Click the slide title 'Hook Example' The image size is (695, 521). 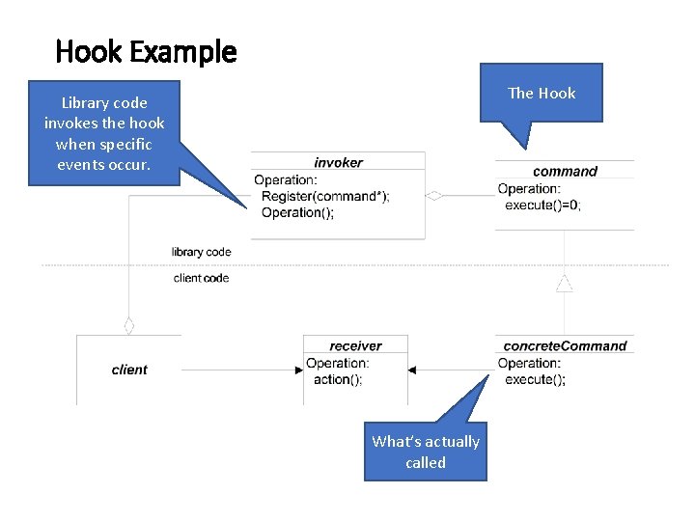[146, 50]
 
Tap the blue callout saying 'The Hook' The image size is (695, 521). [542, 93]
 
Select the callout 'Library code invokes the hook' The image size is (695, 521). [104, 132]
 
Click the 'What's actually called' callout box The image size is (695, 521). [426, 452]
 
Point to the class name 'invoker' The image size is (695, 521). [338, 162]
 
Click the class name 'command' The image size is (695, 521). [565, 171]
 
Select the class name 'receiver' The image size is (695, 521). [355, 345]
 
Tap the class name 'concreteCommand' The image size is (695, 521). [565, 345]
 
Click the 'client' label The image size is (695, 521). [129, 370]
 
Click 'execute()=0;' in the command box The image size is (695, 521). [542, 205]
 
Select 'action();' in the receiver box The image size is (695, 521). [338, 379]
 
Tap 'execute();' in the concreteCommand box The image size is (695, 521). [535, 379]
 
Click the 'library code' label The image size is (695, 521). [202, 252]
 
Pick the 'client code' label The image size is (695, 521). [201, 278]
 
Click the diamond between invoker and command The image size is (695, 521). [434, 196]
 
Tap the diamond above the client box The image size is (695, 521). [128, 325]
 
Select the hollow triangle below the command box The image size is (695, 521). [565, 283]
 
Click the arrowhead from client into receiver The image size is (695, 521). [298, 370]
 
